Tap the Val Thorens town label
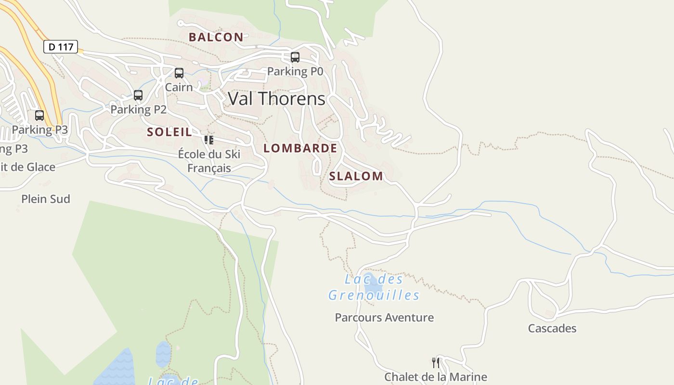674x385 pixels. coord(276,99)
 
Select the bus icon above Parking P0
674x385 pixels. coord(295,57)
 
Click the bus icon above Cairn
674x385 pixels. coord(179,73)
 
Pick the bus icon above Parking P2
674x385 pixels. coord(138,95)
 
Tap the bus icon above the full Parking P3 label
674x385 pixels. coord(39,115)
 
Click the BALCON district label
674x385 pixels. coord(216,37)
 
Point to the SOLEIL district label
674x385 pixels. coord(169,132)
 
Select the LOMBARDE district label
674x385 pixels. coord(300,148)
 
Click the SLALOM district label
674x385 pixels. coord(356,176)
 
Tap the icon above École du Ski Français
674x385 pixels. coord(209,140)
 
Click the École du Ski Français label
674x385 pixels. coord(209,161)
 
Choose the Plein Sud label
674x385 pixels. coord(46,199)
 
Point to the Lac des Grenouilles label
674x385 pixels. coord(374,287)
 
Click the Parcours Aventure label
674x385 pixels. coord(384,318)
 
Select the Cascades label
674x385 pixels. coord(552,328)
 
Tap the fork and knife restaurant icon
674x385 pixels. coord(436,362)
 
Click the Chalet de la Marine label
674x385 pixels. coord(436,377)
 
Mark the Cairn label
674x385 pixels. coord(179,87)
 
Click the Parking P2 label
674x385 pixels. coord(139,109)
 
